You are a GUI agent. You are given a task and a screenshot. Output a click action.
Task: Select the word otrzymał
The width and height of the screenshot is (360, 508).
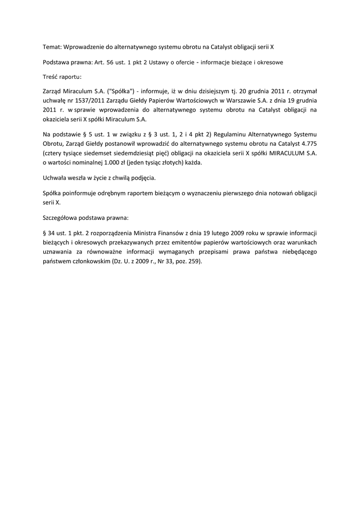[302, 91]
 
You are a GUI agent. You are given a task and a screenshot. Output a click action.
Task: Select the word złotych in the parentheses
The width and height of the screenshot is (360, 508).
[165, 163]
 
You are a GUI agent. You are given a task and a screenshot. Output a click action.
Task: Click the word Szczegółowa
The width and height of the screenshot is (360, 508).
[62, 218]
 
